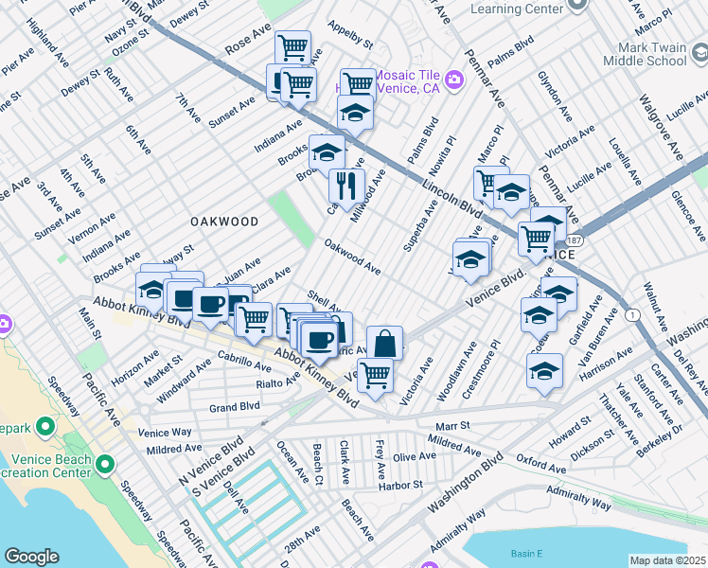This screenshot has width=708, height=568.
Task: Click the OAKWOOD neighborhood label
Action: click(224, 221)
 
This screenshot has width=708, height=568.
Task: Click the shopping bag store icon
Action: click(384, 344)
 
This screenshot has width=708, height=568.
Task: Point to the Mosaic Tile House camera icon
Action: click(453, 80)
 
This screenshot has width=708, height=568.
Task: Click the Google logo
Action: click(31, 556)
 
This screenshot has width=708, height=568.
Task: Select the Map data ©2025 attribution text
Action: click(667, 560)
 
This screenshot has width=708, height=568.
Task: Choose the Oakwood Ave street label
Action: click(352, 257)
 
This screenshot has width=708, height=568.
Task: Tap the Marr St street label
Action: click(451, 426)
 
